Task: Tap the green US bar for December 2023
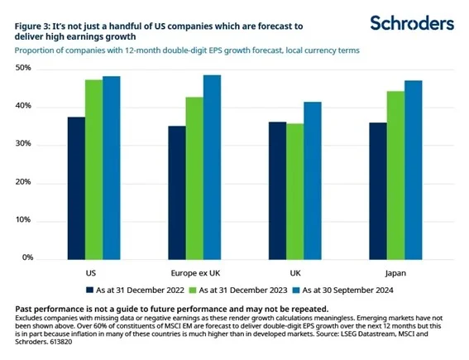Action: coord(95,169)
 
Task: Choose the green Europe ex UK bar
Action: coord(194,177)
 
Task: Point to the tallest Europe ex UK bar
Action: coord(213,166)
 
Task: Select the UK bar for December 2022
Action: coord(277,190)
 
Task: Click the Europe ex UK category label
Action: coord(194,271)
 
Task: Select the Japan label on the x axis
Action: coord(395,271)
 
